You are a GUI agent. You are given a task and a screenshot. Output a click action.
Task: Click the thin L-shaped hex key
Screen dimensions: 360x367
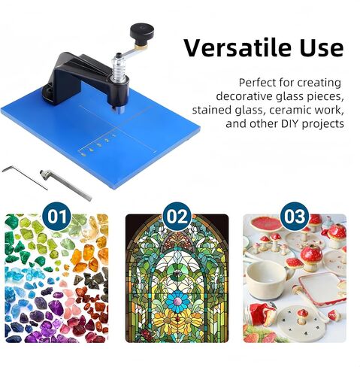(24, 176)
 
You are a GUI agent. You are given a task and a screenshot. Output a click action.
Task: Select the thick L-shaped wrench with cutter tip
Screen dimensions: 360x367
(65, 184)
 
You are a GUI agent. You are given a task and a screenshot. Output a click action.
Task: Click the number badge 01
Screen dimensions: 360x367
(58, 217)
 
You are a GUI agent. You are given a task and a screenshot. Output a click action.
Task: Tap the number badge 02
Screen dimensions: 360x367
(177, 217)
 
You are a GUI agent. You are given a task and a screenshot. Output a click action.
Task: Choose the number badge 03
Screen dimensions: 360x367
(295, 217)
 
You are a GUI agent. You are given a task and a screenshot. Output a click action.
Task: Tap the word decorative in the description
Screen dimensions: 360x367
(244, 96)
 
